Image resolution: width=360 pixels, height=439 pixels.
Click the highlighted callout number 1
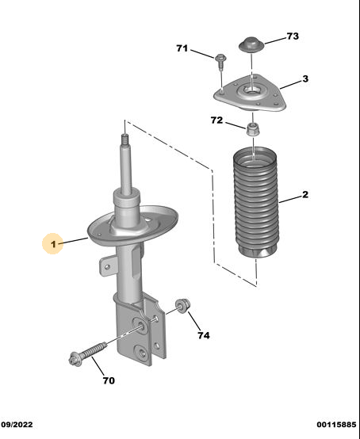click(x=53, y=244)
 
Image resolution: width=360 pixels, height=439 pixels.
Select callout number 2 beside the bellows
click(x=305, y=194)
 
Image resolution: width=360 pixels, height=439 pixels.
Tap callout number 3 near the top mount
click(x=305, y=79)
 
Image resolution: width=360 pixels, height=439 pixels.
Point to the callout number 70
click(x=109, y=380)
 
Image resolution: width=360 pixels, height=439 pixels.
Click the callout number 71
click(x=182, y=48)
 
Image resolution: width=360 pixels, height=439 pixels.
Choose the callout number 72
click(x=216, y=120)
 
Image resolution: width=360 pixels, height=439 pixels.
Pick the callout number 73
click(x=293, y=36)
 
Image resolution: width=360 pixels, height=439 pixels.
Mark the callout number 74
click(x=204, y=335)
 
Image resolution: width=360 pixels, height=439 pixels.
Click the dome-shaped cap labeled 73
click(x=251, y=44)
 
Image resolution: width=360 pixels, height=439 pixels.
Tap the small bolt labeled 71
click(x=220, y=62)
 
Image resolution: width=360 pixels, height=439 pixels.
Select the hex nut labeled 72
click(x=253, y=129)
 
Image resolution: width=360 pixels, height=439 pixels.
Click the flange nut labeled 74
click(x=183, y=306)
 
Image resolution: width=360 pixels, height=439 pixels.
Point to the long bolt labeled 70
click(x=88, y=354)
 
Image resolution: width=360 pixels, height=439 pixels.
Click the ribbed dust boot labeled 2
click(x=256, y=202)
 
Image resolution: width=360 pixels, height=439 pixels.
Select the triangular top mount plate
click(x=251, y=94)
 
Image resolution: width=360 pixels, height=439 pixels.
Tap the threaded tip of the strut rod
click(x=124, y=139)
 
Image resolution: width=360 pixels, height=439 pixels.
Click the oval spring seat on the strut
click(x=132, y=226)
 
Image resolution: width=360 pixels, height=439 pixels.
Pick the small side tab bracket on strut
click(x=108, y=265)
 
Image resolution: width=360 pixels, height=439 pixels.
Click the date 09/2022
click(x=17, y=425)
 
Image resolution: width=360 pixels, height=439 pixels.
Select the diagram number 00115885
click(x=336, y=425)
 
